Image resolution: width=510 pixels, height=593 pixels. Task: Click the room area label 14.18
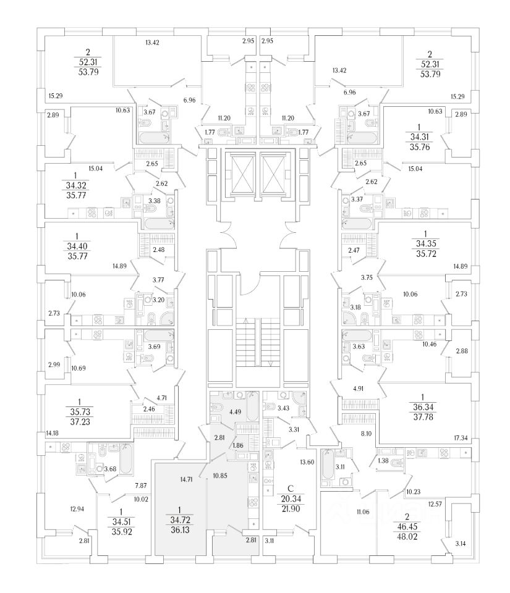click(54, 432)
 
